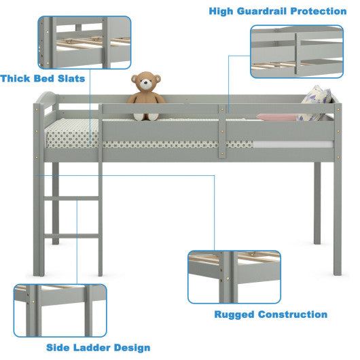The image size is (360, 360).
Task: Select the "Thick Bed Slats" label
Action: click(x=43, y=79)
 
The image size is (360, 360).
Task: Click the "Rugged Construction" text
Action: click(x=270, y=314)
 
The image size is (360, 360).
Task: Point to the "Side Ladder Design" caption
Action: click(x=98, y=347)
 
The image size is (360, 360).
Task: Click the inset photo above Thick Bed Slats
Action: click(x=84, y=42)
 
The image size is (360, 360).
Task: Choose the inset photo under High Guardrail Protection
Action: click(x=296, y=52)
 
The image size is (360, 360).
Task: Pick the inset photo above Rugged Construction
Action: click(x=233, y=276)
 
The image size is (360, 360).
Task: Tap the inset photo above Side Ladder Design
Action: click(x=60, y=310)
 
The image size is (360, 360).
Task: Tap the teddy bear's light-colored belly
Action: click(x=146, y=103)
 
